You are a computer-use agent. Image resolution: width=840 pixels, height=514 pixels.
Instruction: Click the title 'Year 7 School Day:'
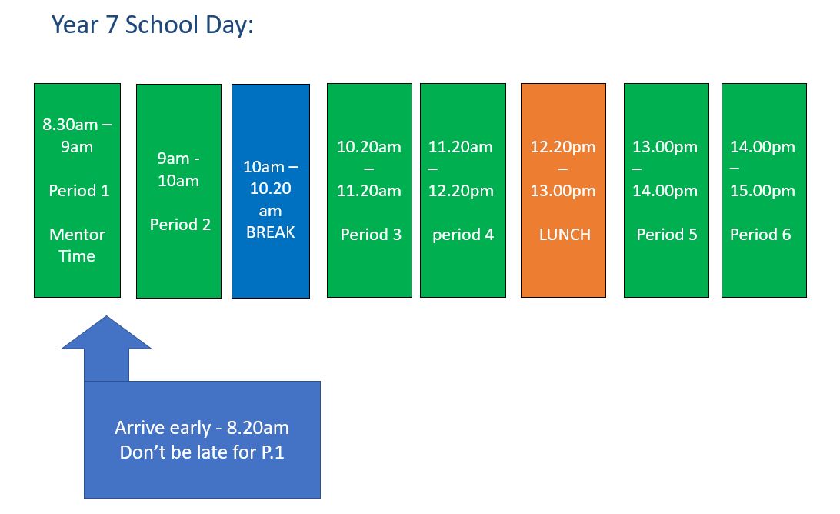152,25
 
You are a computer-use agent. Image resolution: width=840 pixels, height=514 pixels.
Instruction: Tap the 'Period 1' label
78,190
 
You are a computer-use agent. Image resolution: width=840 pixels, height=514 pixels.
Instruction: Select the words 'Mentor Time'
77,245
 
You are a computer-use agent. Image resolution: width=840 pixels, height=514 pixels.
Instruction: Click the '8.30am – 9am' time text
77,135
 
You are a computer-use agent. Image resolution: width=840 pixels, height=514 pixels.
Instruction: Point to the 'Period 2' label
180,224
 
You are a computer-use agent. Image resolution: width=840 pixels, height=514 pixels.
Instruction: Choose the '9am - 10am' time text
178,169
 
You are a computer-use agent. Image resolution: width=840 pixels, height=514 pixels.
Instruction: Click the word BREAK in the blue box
271,232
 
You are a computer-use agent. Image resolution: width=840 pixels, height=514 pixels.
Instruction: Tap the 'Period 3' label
371,234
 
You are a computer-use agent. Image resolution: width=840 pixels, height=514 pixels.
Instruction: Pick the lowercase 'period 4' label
463,235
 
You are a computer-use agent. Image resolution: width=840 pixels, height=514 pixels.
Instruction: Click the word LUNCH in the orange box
565,234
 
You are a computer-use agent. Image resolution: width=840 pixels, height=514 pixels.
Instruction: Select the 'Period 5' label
666,234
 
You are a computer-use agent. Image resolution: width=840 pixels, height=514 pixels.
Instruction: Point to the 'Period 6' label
760,234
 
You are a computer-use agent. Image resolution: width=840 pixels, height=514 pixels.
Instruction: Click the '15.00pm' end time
762,191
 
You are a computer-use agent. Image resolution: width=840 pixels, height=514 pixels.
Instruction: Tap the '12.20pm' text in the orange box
562,147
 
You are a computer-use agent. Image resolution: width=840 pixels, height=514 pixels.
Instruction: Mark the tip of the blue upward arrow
107,315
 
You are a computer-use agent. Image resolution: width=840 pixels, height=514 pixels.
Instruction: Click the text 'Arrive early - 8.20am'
202,428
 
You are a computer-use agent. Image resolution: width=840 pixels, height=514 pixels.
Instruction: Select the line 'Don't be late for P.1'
202,452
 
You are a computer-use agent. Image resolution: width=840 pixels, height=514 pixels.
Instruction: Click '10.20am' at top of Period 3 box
368,147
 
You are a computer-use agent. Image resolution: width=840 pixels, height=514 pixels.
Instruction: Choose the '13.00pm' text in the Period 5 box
665,147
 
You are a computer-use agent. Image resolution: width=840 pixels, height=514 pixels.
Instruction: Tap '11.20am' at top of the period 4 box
460,147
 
